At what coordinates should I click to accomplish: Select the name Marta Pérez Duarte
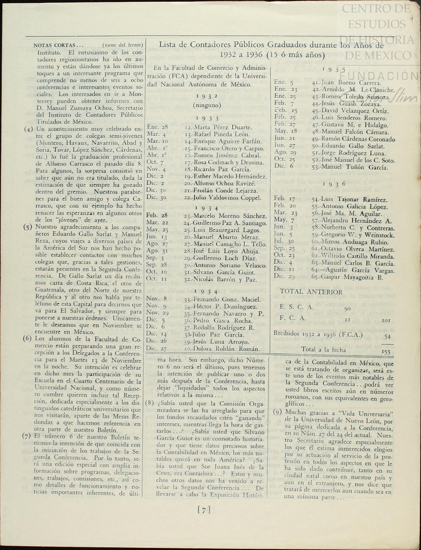point(218,127)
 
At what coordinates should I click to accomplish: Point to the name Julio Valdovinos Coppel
point(222,198)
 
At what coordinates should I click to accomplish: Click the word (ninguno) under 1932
point(207,105)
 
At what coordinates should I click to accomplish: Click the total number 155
point(386,352)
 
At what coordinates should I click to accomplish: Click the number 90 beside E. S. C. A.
point(347,309)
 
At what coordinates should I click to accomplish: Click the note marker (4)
point(29,129)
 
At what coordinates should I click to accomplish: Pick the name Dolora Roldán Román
point(222,349)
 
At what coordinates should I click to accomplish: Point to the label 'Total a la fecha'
point(324,349)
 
